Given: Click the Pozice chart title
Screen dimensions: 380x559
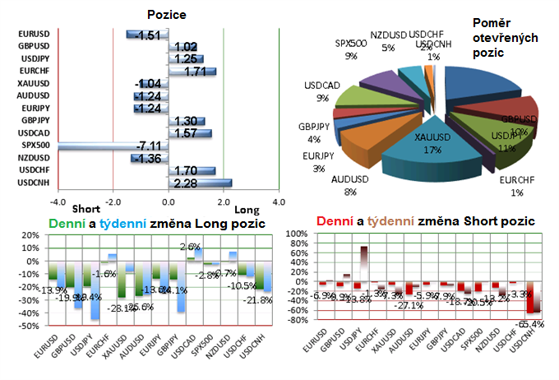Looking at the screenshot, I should (x=167, y=16).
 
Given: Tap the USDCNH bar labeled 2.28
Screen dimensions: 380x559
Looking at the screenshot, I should (x=200, y=182).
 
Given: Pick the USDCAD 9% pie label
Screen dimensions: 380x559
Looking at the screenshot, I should (x=318, y=91).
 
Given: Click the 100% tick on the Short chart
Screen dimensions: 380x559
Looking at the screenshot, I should (x=296, y=234).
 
